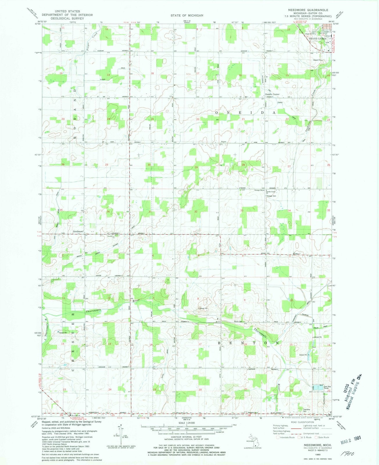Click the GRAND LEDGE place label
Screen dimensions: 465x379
click(317, 39)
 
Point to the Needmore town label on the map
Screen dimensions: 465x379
click(78, 232)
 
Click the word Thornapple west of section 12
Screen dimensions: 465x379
click(93, 311)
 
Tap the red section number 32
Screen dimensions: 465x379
click(196, 212)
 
